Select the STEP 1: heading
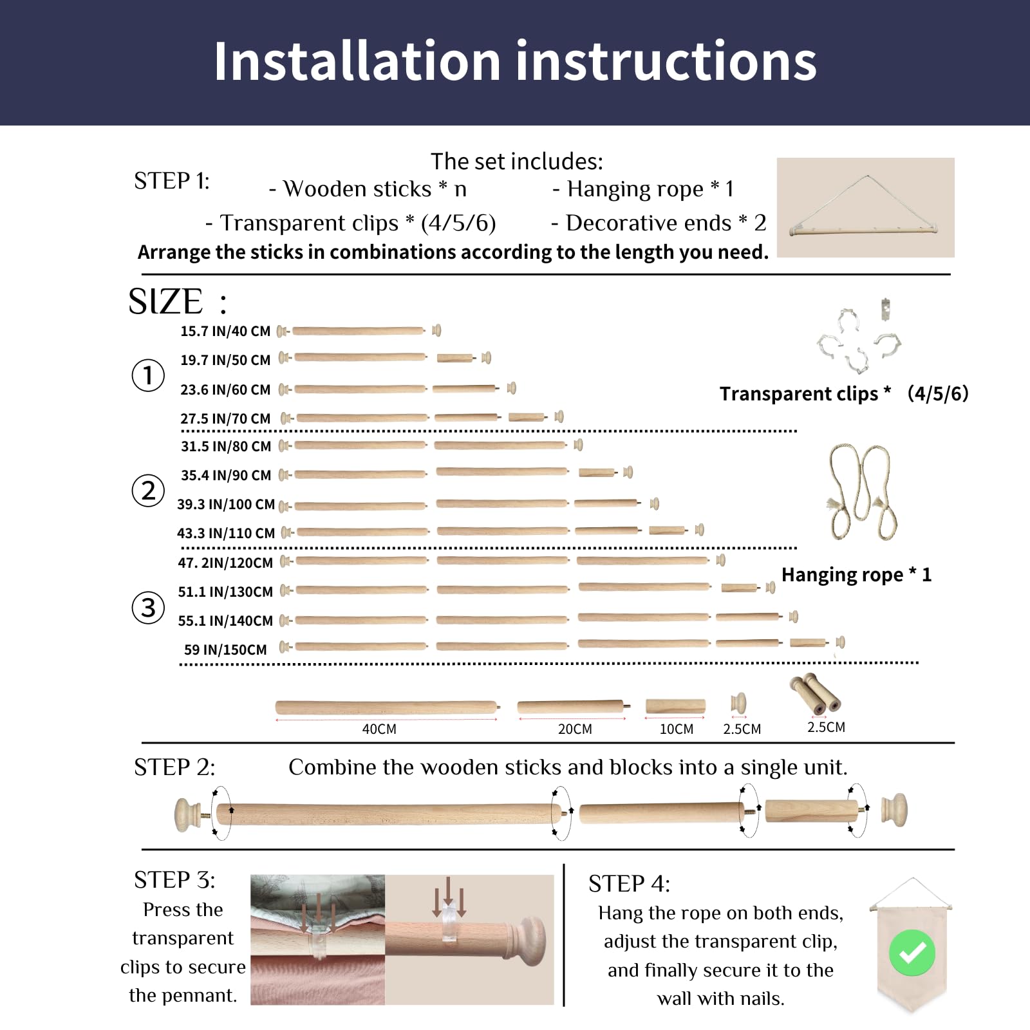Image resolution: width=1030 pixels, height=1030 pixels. (x=172, y=182)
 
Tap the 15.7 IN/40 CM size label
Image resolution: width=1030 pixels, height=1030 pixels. (x=225, y=332)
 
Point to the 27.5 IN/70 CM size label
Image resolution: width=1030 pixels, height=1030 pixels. (x=225, y=419)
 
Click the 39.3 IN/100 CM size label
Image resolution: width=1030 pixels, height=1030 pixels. (x=226, y=505)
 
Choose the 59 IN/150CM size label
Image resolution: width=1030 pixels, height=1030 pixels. (x=225, y=650)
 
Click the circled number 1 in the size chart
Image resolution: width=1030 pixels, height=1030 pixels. (x=148, y=375)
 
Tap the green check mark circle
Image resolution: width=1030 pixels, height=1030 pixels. (x=912, y=952)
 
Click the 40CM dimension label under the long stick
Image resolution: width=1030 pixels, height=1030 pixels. (x=379, y=729)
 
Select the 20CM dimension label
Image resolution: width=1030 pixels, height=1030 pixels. (x=575, y=729)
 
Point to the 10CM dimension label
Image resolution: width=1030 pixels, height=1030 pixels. (x=677, y=729)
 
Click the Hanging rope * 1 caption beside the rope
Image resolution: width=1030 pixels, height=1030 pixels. (x=856, y=575)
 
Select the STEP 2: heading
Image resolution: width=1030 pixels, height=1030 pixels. (x=174, y=768)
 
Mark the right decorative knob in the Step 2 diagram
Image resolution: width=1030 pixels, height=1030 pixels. (x=894, y=811)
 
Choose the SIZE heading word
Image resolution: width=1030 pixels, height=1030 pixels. (x=165, y=301)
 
